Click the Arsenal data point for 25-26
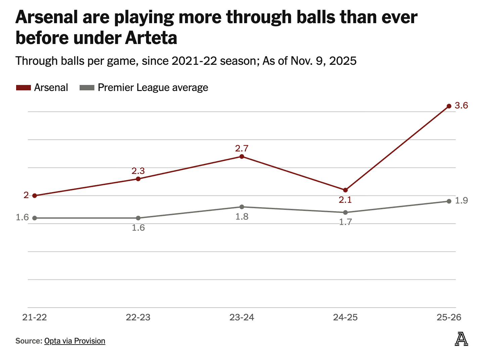click(x=449, y=106)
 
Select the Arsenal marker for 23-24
click(x=242, y=156)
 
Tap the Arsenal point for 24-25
click(x=345, y=190)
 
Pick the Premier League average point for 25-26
click(x=449, y=201)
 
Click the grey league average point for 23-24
click(x=242, y=207)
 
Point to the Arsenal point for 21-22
click(x=35, y=195)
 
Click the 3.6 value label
click(x=461, y=106)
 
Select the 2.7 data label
click(x=242, y=148)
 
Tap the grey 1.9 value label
click(x=461, y=201)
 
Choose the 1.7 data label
click(x=345, y=222)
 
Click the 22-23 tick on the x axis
click(x=138, y=317)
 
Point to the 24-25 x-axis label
click(x=345, y=317)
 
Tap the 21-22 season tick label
click(x=35, y=317)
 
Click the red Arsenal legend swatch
click(x=24, y=88)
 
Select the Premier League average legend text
click(x=153, y=88)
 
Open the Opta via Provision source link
click(x=75, y=341)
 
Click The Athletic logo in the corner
click(x=461, y=339)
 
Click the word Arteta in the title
click(x=151, y=38)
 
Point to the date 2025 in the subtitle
click(x=343, y=61)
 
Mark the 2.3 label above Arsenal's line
click(x=138, y=171)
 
